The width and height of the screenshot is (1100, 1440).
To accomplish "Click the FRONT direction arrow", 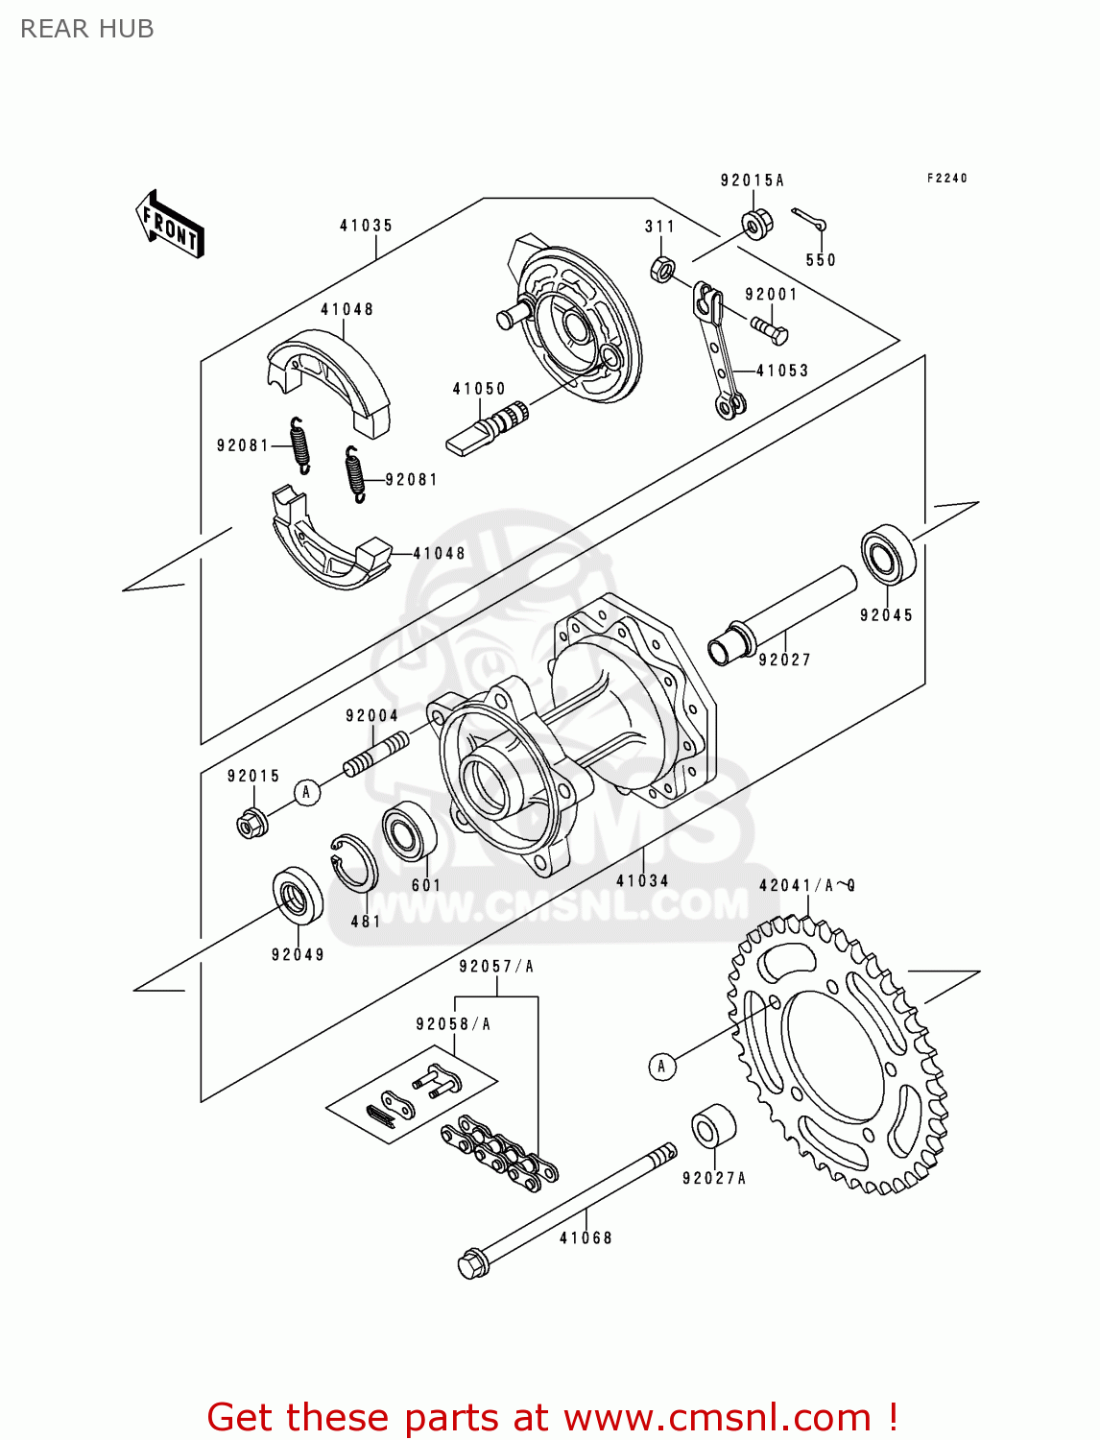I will point(170,225).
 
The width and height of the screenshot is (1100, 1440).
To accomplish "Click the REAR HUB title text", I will point(86,29).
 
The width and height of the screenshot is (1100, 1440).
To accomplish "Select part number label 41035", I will point(366,226).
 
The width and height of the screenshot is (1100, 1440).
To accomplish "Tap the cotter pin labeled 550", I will point(808,220).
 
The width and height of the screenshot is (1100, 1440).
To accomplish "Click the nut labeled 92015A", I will point(756,224).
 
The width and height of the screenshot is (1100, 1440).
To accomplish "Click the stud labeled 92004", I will point(375,753).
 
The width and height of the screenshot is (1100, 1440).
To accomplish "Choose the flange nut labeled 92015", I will point(251,822).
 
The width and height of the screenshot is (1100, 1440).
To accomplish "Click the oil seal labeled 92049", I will point(298,895).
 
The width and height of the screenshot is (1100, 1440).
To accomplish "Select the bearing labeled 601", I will point(409,831).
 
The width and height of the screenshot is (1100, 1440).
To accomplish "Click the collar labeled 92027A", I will point(713,1126).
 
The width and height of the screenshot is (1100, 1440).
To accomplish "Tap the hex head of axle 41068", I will point(471,1264).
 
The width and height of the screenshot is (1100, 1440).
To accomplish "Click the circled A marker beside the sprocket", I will point(660,1066).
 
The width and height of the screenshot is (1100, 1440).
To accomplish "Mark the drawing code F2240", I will point(946,179).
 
